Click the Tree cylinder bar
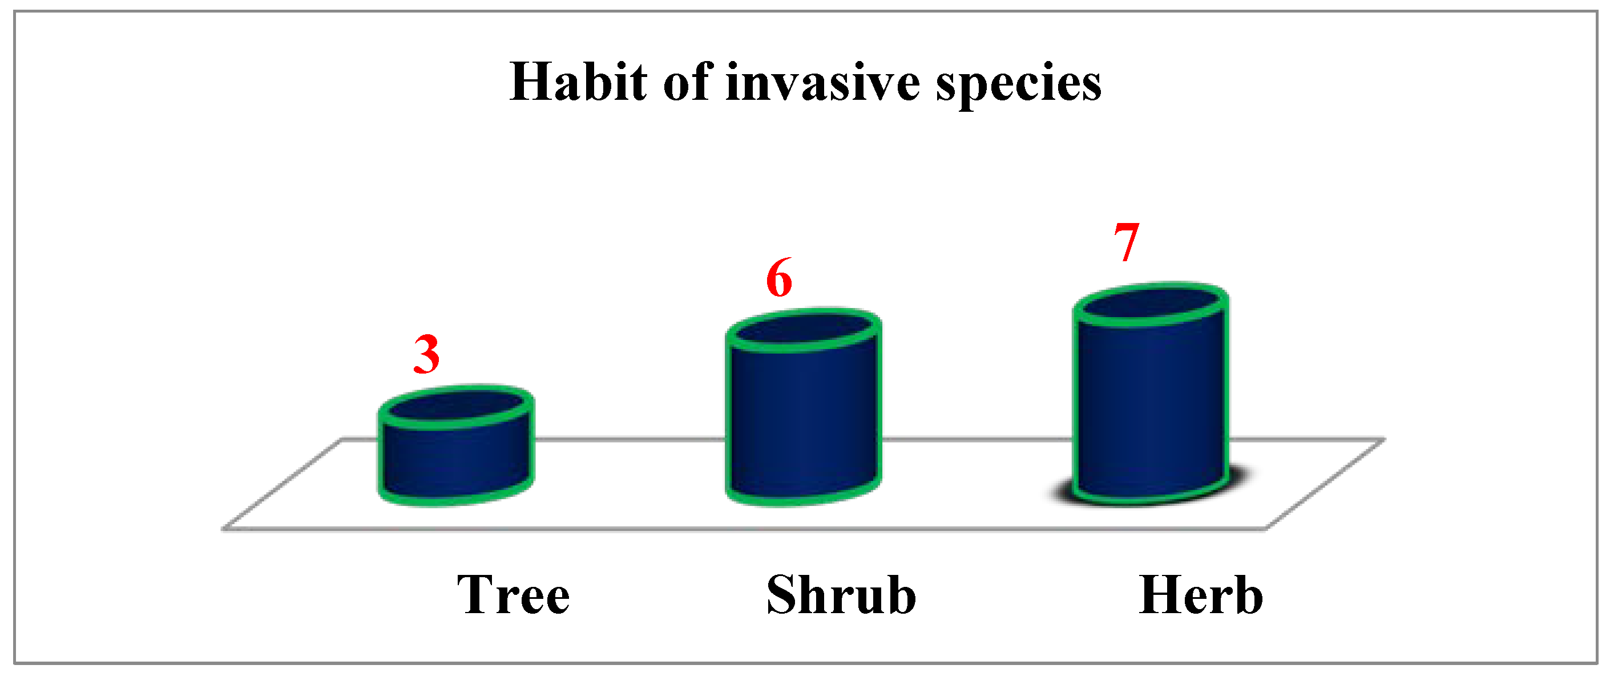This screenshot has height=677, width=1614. coord(455,445)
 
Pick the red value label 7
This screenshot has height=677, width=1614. coord(1126,242)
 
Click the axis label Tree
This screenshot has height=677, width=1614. coord(513,594)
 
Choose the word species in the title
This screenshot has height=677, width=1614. coord(1019,85)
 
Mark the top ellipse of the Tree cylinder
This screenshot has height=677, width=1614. coord(455,407)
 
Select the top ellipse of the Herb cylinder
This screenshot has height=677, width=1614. coord(1151,305)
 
